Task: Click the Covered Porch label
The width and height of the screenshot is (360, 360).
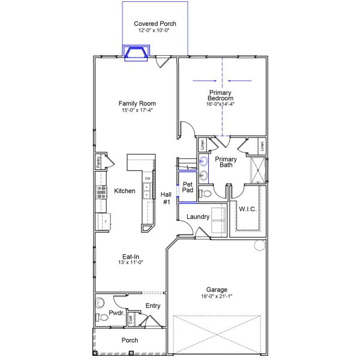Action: point(155,23)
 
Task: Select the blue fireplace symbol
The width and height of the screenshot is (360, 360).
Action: point(136,54)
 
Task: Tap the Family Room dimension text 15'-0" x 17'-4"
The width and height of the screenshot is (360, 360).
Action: point(137,110)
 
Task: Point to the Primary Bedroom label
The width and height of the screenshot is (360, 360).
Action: point(220,95)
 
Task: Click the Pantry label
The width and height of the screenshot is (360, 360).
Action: point(98,162)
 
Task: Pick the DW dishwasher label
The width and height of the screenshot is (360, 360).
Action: point(147,178)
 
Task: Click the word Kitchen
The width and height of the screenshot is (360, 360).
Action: point(124,191)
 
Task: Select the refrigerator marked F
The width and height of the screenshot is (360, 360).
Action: point(102,221)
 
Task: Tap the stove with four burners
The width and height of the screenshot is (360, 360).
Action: point(100,192)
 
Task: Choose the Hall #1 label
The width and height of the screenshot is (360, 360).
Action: point(166,198)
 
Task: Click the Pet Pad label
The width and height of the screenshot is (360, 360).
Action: point(187,187)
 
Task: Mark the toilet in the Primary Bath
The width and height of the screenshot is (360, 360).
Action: point(205,193)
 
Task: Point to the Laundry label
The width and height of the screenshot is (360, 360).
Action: point(197,217)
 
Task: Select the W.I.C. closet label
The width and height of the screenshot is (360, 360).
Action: point(247,209)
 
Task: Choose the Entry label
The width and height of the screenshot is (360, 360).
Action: point(153,306)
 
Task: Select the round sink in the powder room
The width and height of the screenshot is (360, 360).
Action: point(100,303)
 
